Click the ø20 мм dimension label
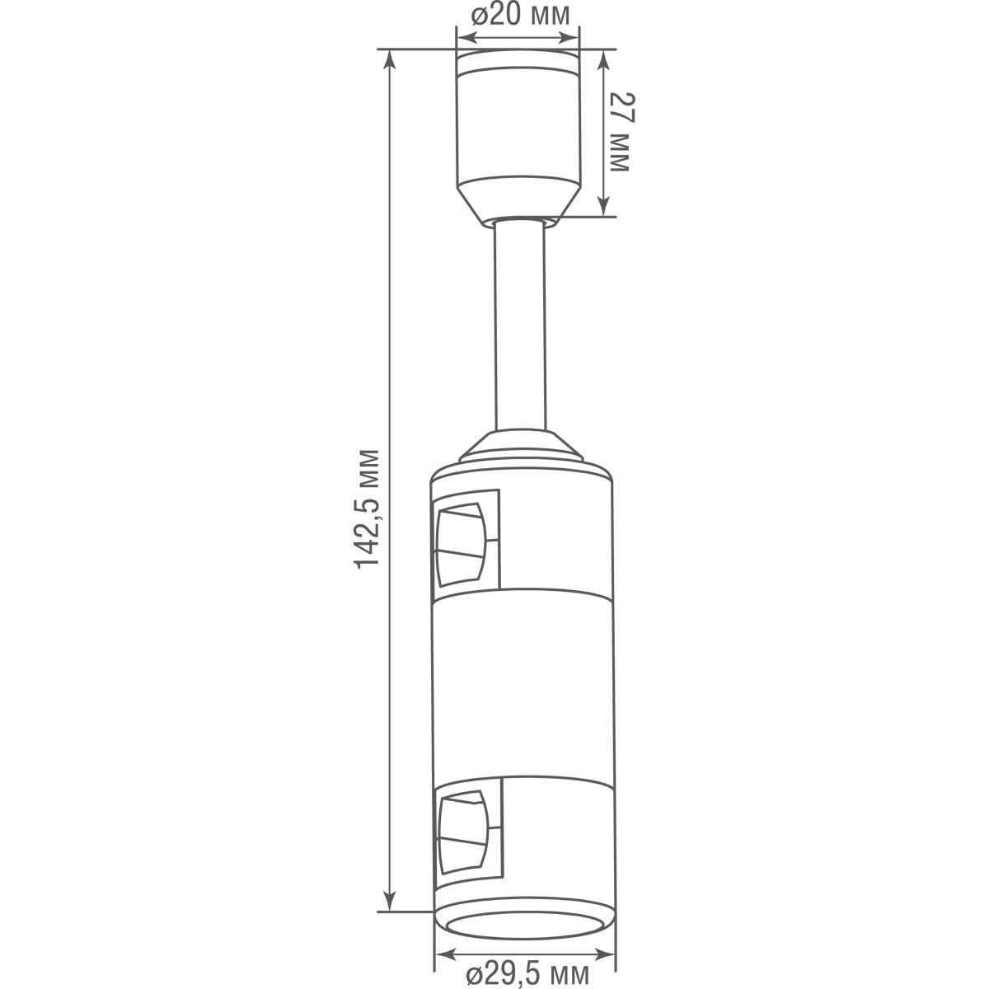[519, 16]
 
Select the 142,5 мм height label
[368, 508]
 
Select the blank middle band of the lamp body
[523, 684]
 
